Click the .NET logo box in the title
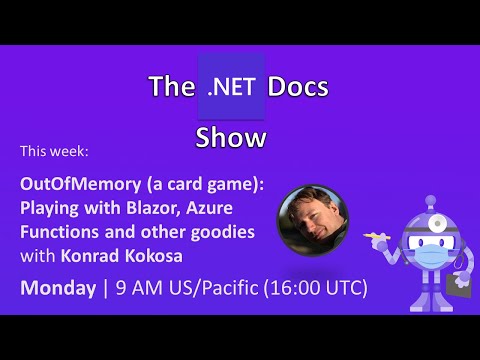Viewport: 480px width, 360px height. (x=232, y=86)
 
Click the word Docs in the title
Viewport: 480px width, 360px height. (x=297, y=87)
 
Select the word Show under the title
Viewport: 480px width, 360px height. (x=232, y=136)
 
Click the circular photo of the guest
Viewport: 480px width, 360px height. (x=311, y=221)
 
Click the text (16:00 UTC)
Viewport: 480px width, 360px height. (x=318, y=288)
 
